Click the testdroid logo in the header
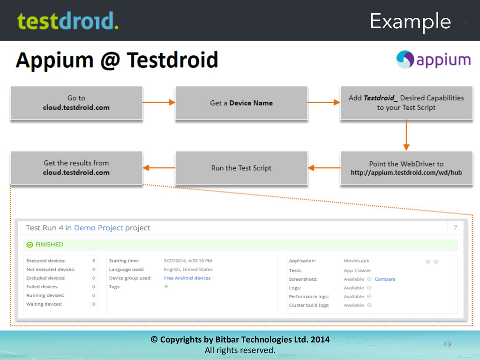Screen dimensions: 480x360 [x=67, y=21]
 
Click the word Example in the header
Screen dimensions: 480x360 [x=410, y=22]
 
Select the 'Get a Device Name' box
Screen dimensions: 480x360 [x=241, y=103]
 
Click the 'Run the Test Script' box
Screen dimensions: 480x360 [x=241, y=168]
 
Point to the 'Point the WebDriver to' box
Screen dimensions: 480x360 [x=406, y=168]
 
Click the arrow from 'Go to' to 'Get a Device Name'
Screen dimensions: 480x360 [x=159, y=103]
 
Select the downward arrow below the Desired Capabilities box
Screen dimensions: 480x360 [x=406, y=136]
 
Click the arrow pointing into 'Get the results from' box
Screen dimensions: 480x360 [x=159, y=168]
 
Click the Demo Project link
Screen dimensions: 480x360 [x=98, y=228]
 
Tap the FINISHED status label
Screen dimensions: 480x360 [x=49, y=245]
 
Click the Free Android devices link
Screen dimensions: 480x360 [x=187, y=278]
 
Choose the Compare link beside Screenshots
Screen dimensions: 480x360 [x=385, y=279]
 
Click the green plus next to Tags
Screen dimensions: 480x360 [x=166, y=286]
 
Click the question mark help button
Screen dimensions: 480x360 [x=455, y=228]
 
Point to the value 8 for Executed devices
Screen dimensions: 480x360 [x=94, y=261]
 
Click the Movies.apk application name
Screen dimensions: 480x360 [x=356, y=261]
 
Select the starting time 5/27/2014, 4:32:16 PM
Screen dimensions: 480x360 [x=187, y=261]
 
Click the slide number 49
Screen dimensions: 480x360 [x=447, y=345]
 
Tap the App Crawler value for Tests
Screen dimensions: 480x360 [x=357, y=270]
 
